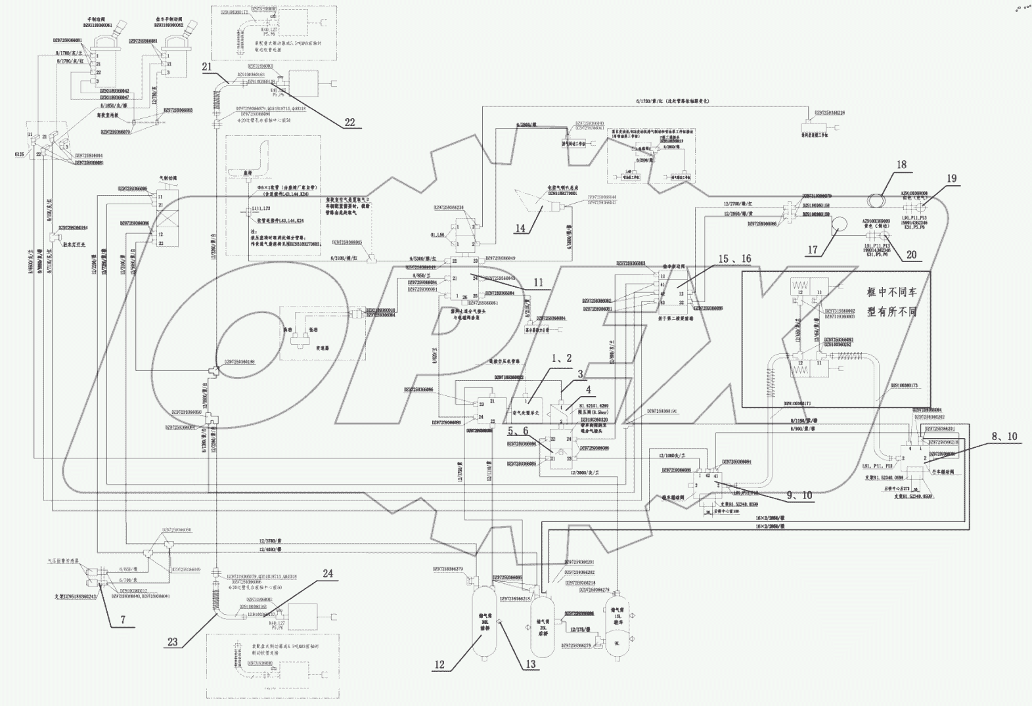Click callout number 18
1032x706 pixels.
[x=901, y=165]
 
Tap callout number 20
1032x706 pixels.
[x=911, y=255]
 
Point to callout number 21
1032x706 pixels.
[x=207, y=66]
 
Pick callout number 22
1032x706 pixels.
[x=349, y=122]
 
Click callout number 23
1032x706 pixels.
[x=172, y=642]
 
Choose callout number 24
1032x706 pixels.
[x=328, y=573]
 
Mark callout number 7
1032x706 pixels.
[x=122, y=619]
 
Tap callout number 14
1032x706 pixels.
[x=520, y=228]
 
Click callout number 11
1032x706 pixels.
[x=539, y=283]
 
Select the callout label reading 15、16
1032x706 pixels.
[x=734, y=259]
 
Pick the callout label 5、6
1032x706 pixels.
[x=518, y=431]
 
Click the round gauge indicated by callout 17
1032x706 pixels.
[x=840, y=227]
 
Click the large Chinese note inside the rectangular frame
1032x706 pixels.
[x=891, y=301]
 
